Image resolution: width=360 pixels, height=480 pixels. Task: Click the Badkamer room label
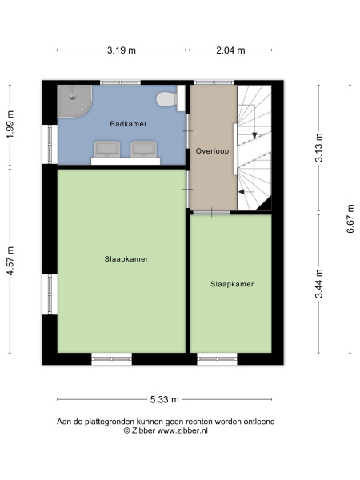point(128,124)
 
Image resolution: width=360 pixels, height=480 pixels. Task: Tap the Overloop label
point(213,151)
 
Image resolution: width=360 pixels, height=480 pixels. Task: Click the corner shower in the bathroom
point(74,101)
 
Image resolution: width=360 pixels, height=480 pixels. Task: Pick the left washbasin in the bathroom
point(107,149)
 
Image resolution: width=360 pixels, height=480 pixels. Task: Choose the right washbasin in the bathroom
point(143,149)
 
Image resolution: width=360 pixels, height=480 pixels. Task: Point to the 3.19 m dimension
point(122,50)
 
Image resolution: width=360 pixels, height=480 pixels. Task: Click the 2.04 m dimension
point(230,50)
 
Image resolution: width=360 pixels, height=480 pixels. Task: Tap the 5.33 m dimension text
point(164,399)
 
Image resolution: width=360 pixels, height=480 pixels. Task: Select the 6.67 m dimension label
point(350,219)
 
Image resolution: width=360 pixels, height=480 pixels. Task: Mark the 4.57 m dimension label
point(10,261)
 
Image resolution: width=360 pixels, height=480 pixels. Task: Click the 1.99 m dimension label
point(10,125)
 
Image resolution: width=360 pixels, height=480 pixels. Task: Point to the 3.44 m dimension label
point(319,283)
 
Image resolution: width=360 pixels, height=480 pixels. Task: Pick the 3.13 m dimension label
point(319,147)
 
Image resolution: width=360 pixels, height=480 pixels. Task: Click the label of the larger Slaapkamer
point(126,259)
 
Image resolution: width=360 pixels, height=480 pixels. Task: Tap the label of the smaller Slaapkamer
point(232,284)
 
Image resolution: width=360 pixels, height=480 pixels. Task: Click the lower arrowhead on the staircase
point(242,192)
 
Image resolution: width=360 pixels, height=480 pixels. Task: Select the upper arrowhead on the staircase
point(254,135)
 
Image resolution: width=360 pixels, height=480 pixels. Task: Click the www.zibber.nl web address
point(182,430)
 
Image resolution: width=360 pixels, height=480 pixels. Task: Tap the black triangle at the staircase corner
point(266,205)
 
